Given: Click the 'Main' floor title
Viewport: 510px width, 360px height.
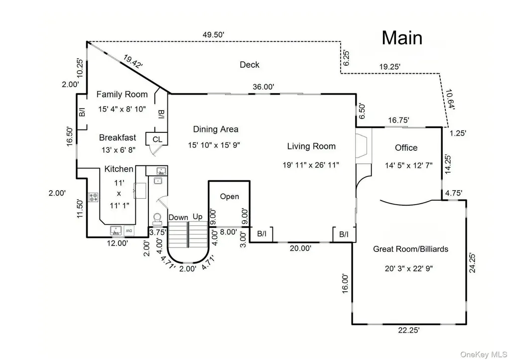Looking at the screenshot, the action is [x=402, y=38].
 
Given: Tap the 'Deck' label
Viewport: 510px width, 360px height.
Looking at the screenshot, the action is [x=250, y=65].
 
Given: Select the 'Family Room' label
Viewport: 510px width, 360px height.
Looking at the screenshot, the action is [x=122, y=94].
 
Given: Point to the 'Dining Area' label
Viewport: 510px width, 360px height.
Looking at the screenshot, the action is [x=216, y=129].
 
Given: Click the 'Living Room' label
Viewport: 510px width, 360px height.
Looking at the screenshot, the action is [x=311, y=146].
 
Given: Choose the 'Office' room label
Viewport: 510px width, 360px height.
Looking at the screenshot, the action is [x=406, y=148].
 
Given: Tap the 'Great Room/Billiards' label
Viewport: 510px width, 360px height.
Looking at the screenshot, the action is [x=410, y=249].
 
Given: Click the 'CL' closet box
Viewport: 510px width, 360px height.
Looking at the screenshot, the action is [x=157, y=139].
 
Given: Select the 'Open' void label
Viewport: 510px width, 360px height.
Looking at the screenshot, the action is [x=229, y=196].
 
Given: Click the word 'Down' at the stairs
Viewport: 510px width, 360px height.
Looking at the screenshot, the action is [x=178, y=217].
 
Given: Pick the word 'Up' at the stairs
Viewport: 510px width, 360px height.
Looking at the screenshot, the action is [x=197, y=217].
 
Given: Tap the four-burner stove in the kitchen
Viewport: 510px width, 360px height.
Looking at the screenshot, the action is [x=93, y=197].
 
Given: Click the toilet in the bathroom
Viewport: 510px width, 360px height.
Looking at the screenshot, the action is [x=157, y=218].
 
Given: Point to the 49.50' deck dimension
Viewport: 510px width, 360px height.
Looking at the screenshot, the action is [x=213, y=34].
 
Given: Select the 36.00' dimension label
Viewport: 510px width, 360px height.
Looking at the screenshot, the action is [x=263, y=87].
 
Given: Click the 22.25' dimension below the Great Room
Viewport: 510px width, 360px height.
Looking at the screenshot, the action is [x=409, y=330].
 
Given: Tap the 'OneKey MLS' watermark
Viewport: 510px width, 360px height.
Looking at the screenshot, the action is [x=484, y=354].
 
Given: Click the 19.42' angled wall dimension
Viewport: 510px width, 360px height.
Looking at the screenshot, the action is [x=132, y=61].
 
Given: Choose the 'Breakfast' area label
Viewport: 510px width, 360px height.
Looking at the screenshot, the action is [x=118, y=137].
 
